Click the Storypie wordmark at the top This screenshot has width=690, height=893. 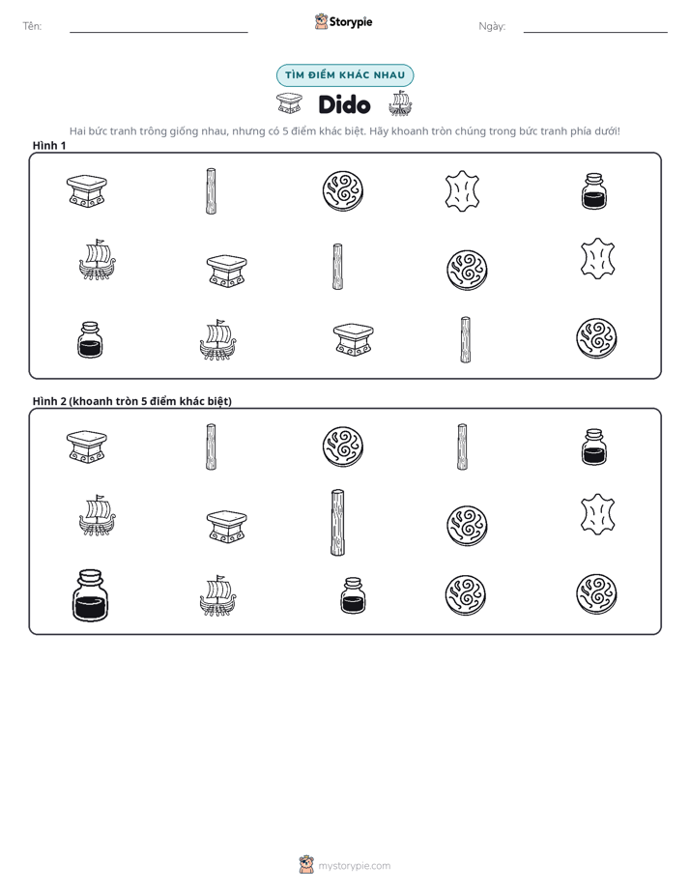coord(351,22)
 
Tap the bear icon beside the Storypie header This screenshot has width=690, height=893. coord(321,21)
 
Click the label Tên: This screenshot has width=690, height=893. coord(32,26)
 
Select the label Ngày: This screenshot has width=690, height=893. coord(492,26)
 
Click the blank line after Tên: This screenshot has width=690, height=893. coord(158,33)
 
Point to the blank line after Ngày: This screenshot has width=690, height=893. coord(595,33)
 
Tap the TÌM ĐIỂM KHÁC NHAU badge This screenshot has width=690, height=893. coord(345,75)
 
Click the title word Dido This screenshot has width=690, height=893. coord(344,104)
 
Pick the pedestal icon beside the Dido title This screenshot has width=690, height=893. coord(289,103)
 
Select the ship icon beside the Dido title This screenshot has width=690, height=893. coord(400,103)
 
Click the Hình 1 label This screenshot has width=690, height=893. coord(49,146)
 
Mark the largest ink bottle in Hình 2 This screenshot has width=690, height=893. coord(90,595)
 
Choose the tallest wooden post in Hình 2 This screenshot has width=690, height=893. coord(337,522)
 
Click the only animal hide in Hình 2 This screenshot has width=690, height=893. coord(597,514)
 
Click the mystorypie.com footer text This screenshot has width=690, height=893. coord(354,866)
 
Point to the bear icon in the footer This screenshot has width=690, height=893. coord(306,865)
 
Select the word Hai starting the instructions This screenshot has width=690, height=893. coord(77,131)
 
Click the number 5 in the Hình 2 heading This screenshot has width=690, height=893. coord(144,401)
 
